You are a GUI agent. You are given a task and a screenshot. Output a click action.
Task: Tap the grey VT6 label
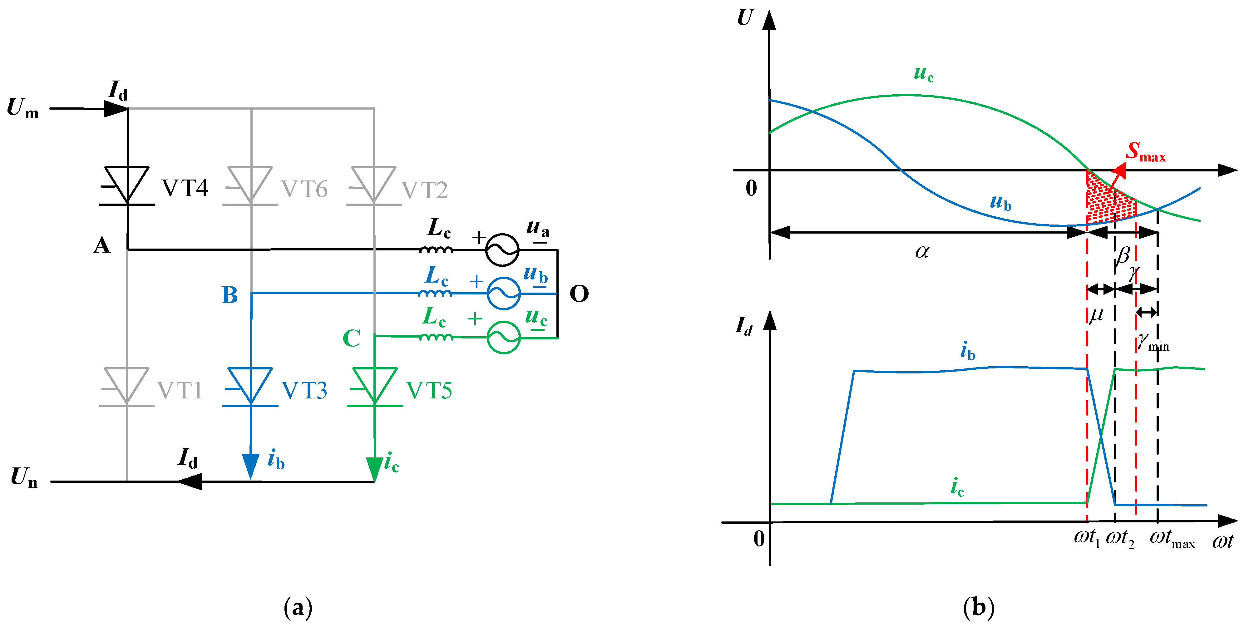coord(304,189)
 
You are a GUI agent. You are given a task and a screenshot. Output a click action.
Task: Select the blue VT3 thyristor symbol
coord(250,387)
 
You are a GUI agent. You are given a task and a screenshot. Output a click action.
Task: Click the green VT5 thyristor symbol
coord(375,387)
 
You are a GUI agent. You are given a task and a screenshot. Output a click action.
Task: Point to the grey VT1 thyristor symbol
coord(126,387)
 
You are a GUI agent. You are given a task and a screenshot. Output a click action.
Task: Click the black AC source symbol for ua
coord(502,250)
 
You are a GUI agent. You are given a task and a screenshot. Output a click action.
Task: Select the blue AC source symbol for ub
coord(503,293)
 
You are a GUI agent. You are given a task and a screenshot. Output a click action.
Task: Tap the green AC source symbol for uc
coord(503,337)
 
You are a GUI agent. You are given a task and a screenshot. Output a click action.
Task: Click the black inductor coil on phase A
coord(436,250)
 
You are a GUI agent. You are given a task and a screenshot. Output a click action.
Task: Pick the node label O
coord(579,294)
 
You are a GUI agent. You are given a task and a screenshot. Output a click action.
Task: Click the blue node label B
coord(230,295)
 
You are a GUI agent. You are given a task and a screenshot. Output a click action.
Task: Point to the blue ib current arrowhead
coord(250,466)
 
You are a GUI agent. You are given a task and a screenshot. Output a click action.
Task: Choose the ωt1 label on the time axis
coord(1087,538)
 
